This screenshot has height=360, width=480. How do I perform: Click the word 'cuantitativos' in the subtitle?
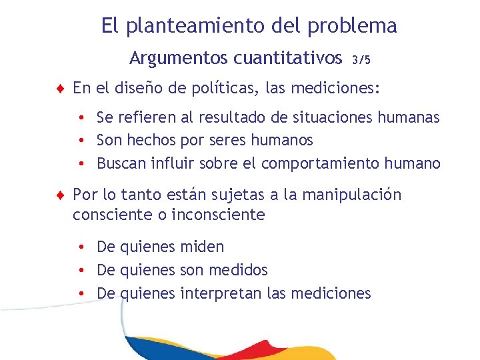coord(287,59)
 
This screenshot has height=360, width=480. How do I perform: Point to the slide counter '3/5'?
coord(361,59)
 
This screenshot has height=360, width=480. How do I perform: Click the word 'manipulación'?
coord(352,195)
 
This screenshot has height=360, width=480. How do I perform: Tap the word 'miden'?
coord(202,247)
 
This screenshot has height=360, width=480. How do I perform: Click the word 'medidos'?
coord(237,270)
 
